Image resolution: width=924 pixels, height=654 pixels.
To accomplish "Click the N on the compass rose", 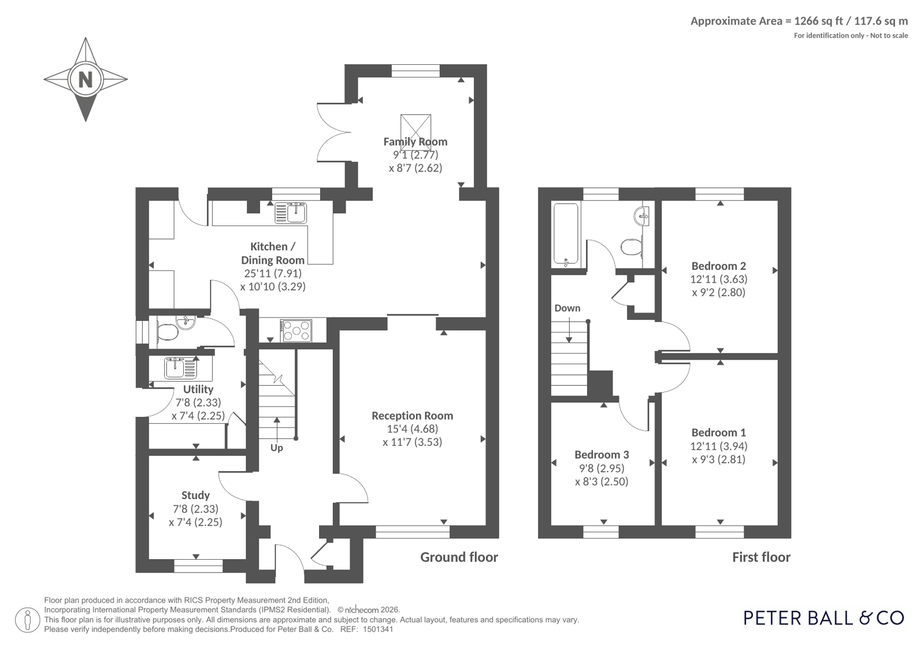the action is tap(86, 79).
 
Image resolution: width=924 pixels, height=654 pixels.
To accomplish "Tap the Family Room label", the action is tap(415, 142).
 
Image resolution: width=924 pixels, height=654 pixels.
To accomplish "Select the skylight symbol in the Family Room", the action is tap(416, 130).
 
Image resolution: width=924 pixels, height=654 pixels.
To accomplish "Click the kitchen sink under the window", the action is tap(291, 213).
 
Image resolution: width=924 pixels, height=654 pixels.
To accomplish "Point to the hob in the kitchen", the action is tap(296, 331).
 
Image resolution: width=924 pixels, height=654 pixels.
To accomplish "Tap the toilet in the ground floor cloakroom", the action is tap(167, 332).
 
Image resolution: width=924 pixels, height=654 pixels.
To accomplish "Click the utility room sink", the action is tap(180, 368).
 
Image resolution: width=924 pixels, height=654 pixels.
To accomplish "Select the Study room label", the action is tap(195, 495).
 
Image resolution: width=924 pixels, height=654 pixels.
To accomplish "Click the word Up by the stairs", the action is tap(276, 448).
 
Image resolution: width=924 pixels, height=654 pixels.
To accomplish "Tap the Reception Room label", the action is tap(412, 415).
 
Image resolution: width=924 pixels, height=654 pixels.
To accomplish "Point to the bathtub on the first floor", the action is tap(566, 234).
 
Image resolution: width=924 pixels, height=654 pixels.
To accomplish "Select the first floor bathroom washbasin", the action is tap(642, 216).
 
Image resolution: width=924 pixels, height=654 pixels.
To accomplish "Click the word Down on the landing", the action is tap(567, 308).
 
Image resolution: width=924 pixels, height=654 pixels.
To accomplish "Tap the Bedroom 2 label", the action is tap(719, 265).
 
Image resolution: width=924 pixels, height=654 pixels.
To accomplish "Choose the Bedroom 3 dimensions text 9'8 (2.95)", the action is tap(602, 468).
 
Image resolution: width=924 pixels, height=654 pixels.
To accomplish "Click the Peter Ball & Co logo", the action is tap(823, 618).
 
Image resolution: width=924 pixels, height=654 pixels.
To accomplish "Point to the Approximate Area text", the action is tap(799, 21).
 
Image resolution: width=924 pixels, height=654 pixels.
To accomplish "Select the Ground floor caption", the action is tap(459, 557).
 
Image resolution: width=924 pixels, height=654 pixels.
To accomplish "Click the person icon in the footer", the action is tap(28, 620).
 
